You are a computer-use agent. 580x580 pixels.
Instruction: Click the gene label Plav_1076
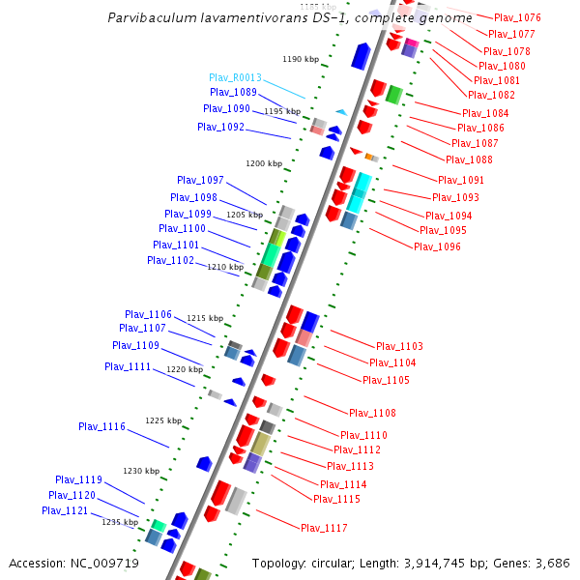(517, 18)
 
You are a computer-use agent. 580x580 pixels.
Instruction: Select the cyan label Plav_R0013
(235, 77)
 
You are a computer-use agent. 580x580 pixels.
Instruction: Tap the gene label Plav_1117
(324, 528)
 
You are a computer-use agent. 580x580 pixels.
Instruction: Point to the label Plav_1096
(437, 246)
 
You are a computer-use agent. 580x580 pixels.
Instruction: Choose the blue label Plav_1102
(170, 260)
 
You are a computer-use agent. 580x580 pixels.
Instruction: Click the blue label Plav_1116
(101, 426)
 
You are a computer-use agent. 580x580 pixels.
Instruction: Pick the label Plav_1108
(372, 414)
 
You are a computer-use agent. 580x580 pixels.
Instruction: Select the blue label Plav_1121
(65, 510)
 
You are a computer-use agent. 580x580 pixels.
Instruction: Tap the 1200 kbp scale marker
(264, 163)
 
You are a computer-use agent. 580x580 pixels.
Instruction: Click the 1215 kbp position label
(205, 318)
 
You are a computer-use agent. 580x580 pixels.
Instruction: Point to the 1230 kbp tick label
(140, 471)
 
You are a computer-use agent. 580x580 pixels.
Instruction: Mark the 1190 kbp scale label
(301, 59)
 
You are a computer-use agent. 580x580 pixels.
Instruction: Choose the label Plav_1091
(461, 180)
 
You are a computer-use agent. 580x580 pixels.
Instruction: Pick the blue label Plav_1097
(200, 181)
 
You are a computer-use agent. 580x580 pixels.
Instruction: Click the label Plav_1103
(399, 346)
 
